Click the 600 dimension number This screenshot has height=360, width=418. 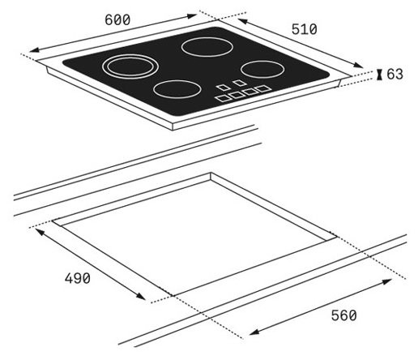coord(117,19)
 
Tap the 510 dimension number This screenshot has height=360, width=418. coord(305,29)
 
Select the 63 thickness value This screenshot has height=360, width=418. coord(395,74)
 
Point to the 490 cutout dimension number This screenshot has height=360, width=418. coord(78,278)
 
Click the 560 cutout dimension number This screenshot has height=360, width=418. coord(344,315)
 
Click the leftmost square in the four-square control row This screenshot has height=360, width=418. coord(224,98)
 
